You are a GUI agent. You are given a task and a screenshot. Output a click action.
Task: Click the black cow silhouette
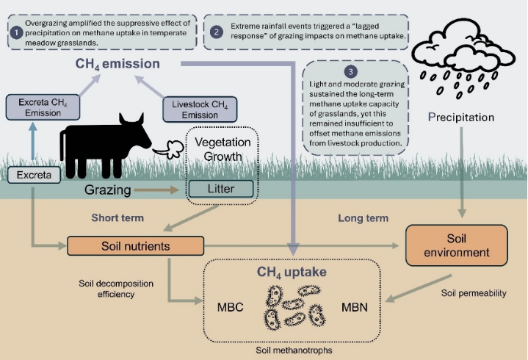[x=103, y=142]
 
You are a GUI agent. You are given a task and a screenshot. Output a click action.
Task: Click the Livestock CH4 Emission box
[x=194, y=109]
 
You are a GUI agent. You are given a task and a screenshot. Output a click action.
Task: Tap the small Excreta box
[x=35, y=176]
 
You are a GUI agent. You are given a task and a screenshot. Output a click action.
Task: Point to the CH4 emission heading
[x=117, y=64]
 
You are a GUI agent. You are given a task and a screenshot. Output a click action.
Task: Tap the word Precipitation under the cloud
[x=460, y=118]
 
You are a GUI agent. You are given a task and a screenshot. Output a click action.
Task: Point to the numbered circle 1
[x=15, y=32]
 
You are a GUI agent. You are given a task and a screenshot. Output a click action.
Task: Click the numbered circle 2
[x=216, y=32]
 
